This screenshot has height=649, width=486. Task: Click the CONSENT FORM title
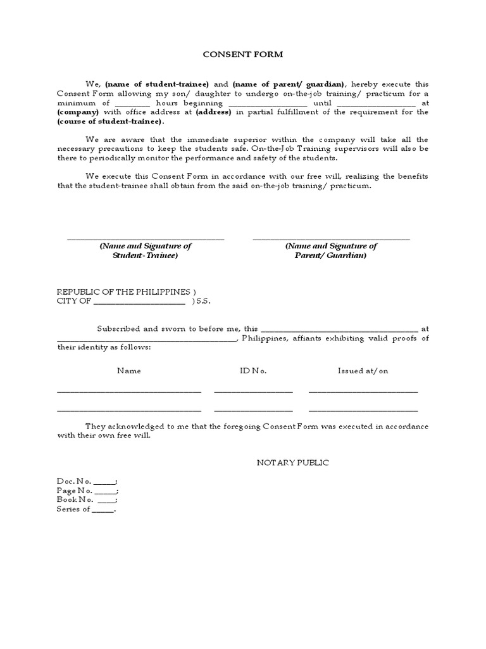coord(243,55)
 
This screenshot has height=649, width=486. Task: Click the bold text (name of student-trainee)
coord(157,84)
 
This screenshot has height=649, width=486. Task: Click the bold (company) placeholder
coord(78,112)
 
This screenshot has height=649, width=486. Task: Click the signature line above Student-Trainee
coord(145,239)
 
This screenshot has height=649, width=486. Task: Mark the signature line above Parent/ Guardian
coord(331,239)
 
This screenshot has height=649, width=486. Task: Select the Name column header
coord(129,371)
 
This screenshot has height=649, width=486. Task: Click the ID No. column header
coord(253,371)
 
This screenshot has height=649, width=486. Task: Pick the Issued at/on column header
coord(363,371)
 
